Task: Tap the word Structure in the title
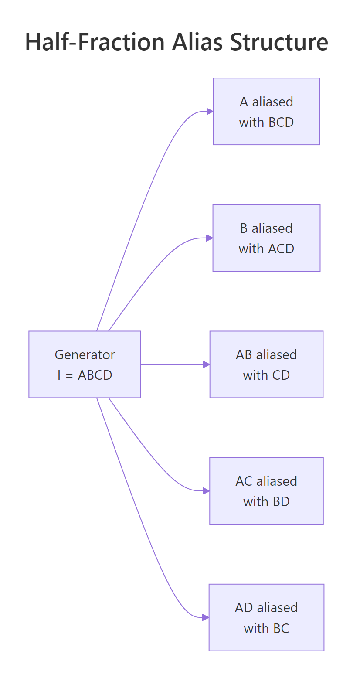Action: click(279, 42)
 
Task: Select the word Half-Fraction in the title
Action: click(95, 42)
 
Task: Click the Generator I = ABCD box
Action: click(85, 364)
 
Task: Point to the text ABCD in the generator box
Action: click(95, 375)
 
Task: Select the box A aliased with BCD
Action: click(266, 112)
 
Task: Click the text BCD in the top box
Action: click(281, 123)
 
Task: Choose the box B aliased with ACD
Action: click(266, 238)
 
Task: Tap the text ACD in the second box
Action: click(281, 249)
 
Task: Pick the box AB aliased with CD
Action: click(266, 364)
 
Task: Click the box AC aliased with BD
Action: click(266, 491)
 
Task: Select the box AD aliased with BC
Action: click(266, 617)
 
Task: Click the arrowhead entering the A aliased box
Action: click(210, 112)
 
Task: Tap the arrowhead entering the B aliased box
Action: click(210, 238)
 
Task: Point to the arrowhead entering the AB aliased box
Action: click(207, 364)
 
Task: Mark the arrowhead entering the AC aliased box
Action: click(207, 491)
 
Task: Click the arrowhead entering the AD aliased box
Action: click(206, 617)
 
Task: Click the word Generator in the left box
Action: click(85, 355)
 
